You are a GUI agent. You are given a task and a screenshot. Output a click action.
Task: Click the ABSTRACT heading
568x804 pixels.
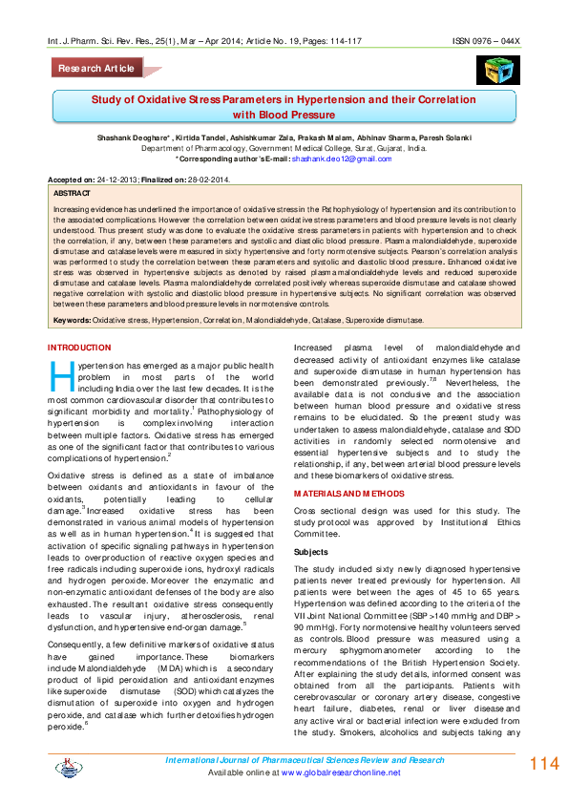[x=72, y=193]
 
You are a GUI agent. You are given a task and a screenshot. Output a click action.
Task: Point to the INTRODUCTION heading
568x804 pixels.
[x=79, y=347]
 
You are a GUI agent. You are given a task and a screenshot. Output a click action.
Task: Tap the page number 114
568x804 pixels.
[x=542, y=764]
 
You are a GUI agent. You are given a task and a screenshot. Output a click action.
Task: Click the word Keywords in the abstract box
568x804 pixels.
[x=73, y=321]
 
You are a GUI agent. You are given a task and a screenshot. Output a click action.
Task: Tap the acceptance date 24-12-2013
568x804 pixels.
[x=116, y=180]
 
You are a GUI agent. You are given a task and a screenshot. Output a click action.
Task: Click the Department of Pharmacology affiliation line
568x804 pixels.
[x=284, y=149]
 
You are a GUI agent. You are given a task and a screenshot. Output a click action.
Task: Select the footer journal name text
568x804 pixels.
[x=305, y=759]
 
